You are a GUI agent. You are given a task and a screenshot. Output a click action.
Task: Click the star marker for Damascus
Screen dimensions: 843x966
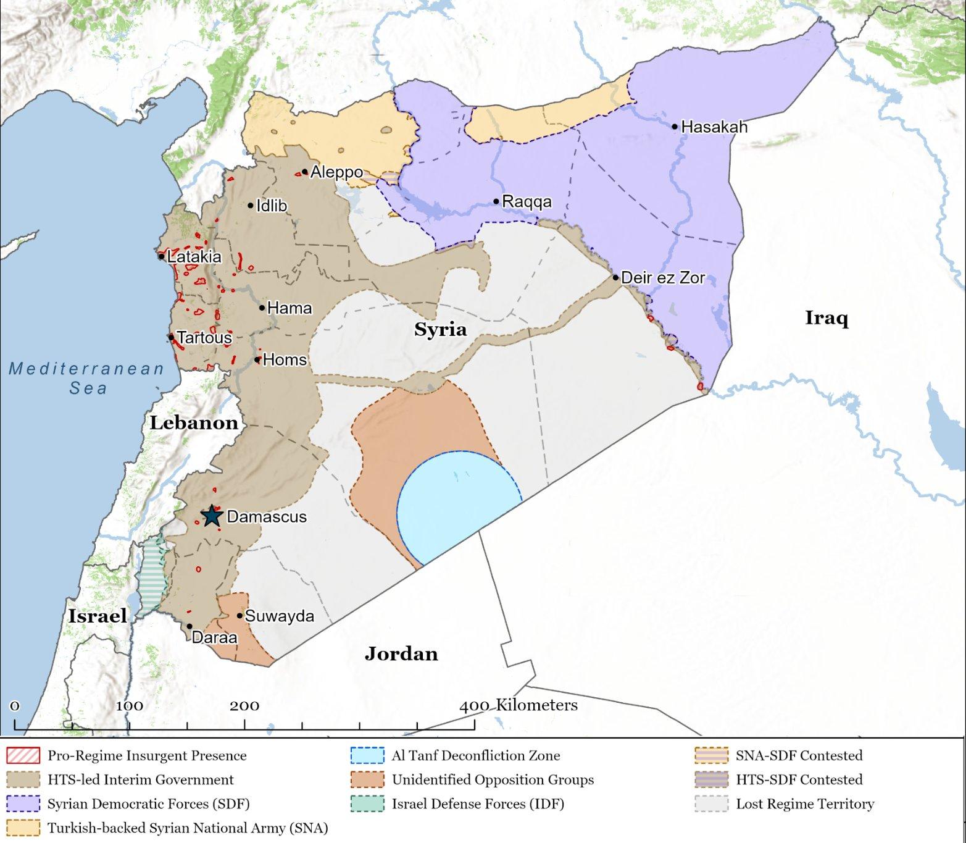[212, 516]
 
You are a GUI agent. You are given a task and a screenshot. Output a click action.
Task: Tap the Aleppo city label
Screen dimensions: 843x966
[336, 172]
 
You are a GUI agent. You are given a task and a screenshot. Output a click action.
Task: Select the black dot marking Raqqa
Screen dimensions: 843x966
[496, 201]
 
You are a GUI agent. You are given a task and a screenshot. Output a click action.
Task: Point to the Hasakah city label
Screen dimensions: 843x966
[714, 127]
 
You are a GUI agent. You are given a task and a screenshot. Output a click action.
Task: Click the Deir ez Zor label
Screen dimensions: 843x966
[663, 278]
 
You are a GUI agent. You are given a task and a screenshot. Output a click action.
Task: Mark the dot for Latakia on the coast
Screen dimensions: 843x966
[161, 256]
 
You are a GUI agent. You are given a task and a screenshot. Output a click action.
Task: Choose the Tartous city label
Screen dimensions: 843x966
[204, 338]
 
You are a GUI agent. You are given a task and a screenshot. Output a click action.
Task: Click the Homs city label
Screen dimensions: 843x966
[285, 359]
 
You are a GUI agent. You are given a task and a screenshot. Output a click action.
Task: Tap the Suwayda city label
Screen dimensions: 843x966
[279, 616]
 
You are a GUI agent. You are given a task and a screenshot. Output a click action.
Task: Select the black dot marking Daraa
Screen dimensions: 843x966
[189, 626]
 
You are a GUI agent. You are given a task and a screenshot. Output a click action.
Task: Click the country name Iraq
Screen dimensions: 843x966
[827, 318]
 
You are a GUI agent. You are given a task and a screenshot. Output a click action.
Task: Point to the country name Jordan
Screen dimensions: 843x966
[401, 653]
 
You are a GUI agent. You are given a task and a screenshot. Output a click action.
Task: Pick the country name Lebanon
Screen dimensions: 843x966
[194, 423]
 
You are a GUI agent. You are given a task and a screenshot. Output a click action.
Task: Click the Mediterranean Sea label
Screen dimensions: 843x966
[87, 378]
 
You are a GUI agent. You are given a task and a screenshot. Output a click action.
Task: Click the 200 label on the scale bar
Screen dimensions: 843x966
[244, 706]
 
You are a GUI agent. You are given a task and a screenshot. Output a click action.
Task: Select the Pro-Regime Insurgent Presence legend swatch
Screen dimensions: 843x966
[23, 755]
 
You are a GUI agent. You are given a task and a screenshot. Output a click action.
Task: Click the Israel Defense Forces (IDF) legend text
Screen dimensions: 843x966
[478, 804]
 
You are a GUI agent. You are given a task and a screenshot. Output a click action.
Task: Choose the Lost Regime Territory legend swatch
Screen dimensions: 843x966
[711, 804]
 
